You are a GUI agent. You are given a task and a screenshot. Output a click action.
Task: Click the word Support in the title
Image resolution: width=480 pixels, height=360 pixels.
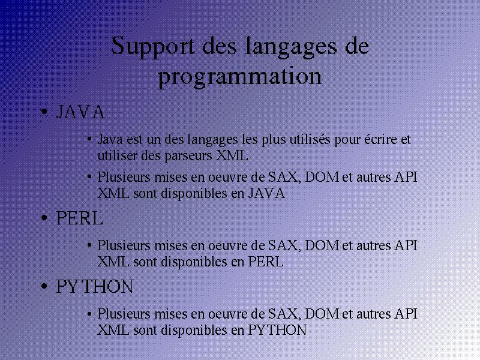point(152,47)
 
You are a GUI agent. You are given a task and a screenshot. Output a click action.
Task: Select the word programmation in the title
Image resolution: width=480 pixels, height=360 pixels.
point(239,77)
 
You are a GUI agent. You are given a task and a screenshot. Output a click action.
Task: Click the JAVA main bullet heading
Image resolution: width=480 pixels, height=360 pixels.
point(80,112)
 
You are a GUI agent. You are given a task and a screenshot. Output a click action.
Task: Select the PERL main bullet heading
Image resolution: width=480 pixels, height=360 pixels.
point(79,218)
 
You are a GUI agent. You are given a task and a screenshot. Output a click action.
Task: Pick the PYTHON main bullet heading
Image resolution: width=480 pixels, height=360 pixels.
point(95,287)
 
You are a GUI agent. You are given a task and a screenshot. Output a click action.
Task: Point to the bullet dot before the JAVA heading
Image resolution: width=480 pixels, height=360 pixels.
point(44,112)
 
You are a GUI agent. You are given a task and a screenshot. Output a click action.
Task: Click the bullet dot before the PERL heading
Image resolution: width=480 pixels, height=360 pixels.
point(44,218)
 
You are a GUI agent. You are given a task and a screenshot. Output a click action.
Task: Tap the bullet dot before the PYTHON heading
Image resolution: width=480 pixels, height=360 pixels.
point(44,286)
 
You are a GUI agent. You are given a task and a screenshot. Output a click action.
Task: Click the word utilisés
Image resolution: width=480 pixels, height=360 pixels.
point(310,139)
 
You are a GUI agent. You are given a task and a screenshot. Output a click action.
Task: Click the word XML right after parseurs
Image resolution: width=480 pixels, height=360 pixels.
point(232,155)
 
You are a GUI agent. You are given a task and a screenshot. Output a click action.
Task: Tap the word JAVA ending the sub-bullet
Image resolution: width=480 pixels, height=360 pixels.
point(266,193)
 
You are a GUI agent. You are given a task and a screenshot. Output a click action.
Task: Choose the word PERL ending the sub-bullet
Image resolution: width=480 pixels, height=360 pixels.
point(265,262)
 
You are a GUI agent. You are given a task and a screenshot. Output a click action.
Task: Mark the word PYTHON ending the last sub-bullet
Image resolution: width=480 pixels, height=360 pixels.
point(277,330)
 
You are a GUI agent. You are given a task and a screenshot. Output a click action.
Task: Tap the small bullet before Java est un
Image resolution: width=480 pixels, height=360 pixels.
point(89,139)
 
